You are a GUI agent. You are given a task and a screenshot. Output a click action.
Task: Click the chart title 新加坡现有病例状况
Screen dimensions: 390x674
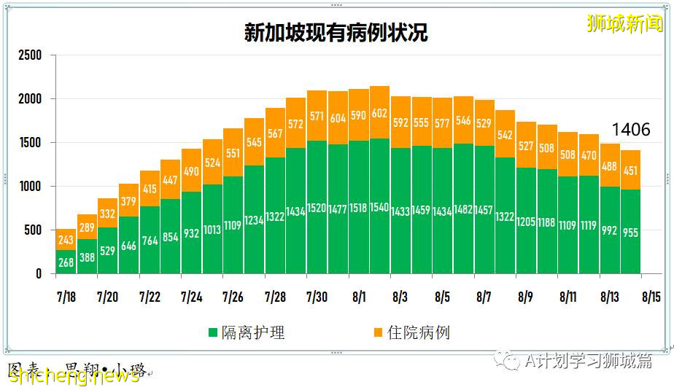pos(336,33)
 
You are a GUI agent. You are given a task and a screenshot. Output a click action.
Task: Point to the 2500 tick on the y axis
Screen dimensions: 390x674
pos(30,55)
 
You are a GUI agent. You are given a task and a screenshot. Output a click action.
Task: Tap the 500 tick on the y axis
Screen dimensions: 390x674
pos(33,230)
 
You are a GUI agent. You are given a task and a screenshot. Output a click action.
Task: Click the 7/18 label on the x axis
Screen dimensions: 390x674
pos(66,297)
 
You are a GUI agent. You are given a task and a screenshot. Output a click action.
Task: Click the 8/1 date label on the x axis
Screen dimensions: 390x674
pos(360,297)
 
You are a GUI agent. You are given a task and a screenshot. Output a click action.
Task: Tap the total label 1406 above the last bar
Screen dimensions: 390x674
pos(630,130)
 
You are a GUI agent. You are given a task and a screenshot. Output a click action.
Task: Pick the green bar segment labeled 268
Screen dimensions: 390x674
pos(66,262)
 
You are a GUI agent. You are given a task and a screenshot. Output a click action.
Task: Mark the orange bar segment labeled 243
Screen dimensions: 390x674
pos(66,240)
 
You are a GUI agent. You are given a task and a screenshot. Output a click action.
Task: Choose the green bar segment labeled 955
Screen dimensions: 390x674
pos(630,232)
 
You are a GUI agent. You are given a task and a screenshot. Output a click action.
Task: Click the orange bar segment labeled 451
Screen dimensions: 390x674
pos(630,171)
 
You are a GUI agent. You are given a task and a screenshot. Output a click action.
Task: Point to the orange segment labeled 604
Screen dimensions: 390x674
pos(338,118)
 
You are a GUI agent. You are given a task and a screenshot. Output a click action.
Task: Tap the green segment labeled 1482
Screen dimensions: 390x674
pos(463,208)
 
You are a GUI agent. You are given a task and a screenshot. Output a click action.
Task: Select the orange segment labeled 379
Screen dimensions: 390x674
pos(128,200)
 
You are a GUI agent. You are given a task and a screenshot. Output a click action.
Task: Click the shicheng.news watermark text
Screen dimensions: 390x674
pos(73,375)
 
